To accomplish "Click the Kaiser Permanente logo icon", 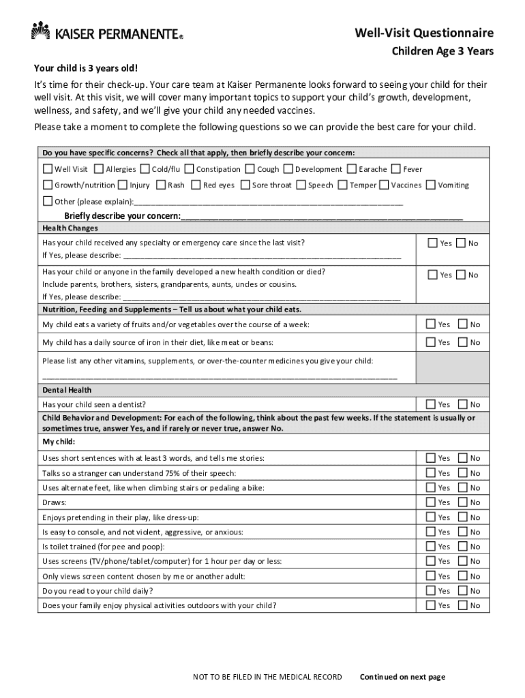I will point(42,31).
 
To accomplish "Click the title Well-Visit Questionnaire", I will point(424,33).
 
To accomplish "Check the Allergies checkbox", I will point(99,169).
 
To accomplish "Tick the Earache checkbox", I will point(352,169).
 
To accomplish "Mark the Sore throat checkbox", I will point(245,185).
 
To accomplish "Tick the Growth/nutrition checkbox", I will point(48,185).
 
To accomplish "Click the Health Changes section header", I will point(70,228).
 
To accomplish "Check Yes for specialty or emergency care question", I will point(432,243).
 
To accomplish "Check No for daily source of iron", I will point(463,342).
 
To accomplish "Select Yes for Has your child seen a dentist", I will point(431,404).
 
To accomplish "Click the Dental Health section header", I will point(67,391).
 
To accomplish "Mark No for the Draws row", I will point(463,502).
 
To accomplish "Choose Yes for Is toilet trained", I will point(431,547).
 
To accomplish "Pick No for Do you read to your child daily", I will point(463,591).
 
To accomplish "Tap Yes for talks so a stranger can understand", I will point(431,473).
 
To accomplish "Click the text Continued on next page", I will point(402,677).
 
